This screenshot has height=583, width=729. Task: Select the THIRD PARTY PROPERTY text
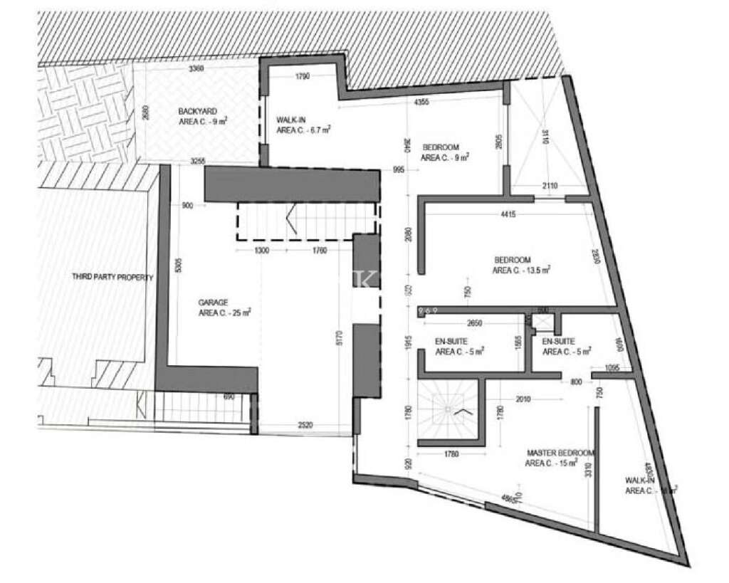pyautogui.click(x=112, y=277)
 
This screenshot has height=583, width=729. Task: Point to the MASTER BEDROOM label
pyautogui.click(x=561, y=453)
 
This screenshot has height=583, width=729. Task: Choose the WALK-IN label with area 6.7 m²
pyautogui.click(x=292, y=120)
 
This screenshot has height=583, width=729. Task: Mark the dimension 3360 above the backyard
pyautogui.click(x=196, y=69)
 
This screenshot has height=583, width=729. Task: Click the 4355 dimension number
pyautogui.click(x=421, y=103)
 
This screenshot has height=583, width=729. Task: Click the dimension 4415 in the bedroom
pyautogui.click(x=508, y=214)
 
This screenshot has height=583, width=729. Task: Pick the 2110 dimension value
pyautogui.click(x=548, y=186)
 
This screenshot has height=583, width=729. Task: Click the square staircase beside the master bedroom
pyautogui.click(x=449, y=411)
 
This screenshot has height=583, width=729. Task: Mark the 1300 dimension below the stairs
pyautogui.click(x=261, y=251)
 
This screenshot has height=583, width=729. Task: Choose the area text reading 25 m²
pyautogui.click(x=224, y=312)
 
